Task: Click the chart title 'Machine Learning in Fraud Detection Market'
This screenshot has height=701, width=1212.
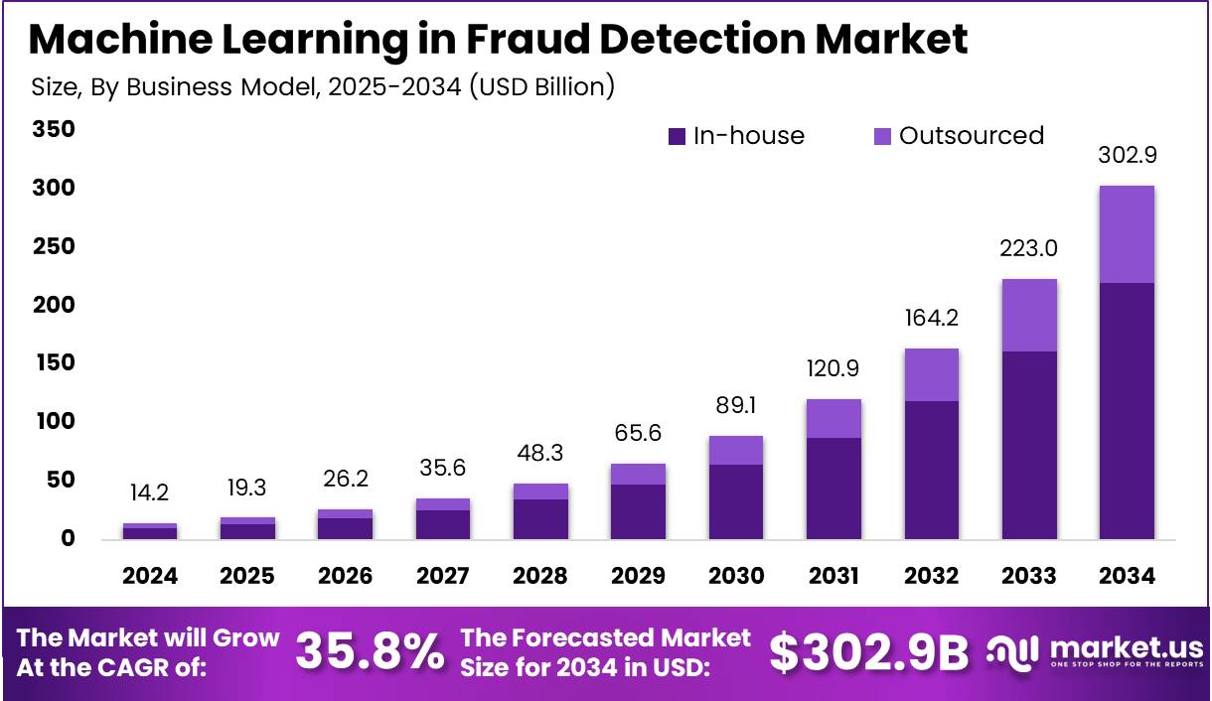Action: point(498,40)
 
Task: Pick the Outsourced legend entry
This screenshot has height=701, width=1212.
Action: point(959,136)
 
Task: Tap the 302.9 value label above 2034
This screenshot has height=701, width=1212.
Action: point(1128,156)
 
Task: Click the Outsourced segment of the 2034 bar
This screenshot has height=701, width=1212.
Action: point(1128,234)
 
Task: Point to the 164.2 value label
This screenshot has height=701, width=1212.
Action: point(931,320)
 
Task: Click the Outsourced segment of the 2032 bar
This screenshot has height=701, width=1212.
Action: point(931,374)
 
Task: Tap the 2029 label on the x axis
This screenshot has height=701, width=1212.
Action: point(638,576)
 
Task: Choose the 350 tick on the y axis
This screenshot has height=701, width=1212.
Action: point(54,130)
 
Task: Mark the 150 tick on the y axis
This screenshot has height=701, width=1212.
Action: point(54,363)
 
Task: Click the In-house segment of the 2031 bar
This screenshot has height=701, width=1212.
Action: point(833,488)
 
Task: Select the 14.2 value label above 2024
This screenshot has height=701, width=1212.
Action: point(150,493)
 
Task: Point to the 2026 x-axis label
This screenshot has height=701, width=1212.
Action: point(345,576)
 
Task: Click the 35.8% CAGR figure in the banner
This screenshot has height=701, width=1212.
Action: point(370,652)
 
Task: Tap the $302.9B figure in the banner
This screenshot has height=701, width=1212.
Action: point(868,652)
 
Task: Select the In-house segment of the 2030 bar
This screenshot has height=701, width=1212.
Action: point(735,500)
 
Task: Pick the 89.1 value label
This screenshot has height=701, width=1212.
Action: point(735,407)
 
